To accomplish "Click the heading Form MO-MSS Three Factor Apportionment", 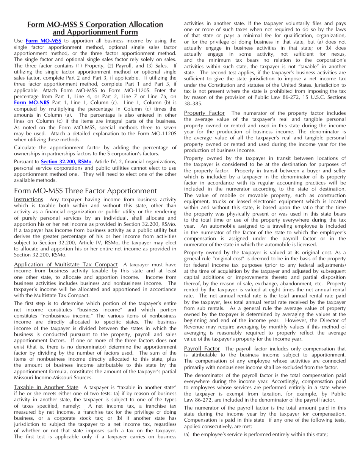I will tap(85, 191).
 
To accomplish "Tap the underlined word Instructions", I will tap(28, 200).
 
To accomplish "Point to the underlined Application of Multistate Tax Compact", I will tap(66, 264).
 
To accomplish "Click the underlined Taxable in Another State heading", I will tap(46, 387).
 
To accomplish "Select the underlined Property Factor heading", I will tap(204, 113).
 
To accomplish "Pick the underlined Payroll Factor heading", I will tap(202, 349).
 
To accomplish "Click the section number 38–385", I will tap(193, 104).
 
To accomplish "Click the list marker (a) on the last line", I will tap(187, 435).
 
